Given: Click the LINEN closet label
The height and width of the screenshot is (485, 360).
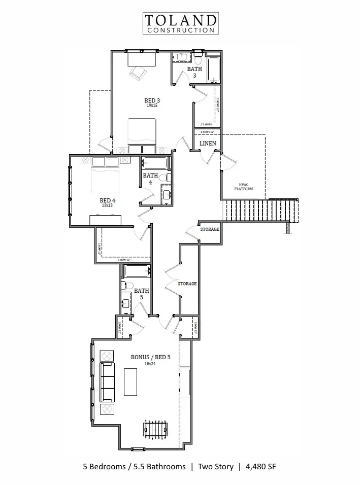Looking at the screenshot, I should [x=208, y=144].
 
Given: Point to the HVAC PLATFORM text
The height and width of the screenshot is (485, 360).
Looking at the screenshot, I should [x=243, y=187].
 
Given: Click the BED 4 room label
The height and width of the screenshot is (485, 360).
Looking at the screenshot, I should [x=107, y=200].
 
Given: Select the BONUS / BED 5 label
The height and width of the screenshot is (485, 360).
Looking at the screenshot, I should [x=151, y=357].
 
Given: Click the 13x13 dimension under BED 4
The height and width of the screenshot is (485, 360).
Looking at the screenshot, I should [x=107, y=205].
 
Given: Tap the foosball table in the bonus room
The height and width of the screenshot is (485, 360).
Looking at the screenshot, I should [x=155, y=430].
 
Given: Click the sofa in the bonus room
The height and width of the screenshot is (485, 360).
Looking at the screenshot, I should [x=107, y=382].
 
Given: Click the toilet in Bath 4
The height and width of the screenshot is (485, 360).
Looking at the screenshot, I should [x=164, y=178].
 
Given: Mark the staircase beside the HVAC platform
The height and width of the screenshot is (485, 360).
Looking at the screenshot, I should [x=259, y=210].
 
